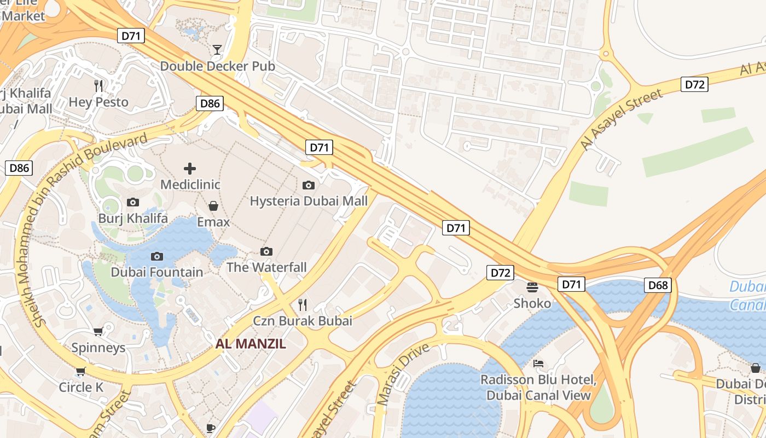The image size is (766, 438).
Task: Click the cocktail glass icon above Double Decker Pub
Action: click(x=217, y=50)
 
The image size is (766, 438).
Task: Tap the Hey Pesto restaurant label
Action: click(x=98, y=102)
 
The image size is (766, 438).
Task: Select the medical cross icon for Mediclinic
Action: click(x=190, y=169)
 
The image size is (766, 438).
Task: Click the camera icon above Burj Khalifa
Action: click(x=133, y=203)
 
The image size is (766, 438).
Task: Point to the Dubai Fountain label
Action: click(x=156, y=272)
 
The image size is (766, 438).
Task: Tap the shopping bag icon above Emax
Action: click(x=213, y=206)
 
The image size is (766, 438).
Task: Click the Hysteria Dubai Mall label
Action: click(x=309, y=201)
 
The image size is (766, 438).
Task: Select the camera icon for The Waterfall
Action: click(x=266, y=251)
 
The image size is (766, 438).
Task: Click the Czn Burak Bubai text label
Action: click(x=302, y=321)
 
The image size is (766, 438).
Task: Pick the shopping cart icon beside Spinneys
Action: click(x=98, y=331)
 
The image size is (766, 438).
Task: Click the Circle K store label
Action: click(x=81, y=387)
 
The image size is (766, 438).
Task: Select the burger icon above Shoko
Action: click(x=532, y=287)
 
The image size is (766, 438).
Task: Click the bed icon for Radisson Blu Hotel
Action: click(x=538, y=364)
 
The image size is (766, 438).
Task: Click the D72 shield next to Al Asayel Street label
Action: click(x=694, y=84)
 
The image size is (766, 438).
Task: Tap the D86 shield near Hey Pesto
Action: click(x=210, y=103)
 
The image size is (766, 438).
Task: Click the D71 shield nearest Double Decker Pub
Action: click(x=131, y=36)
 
